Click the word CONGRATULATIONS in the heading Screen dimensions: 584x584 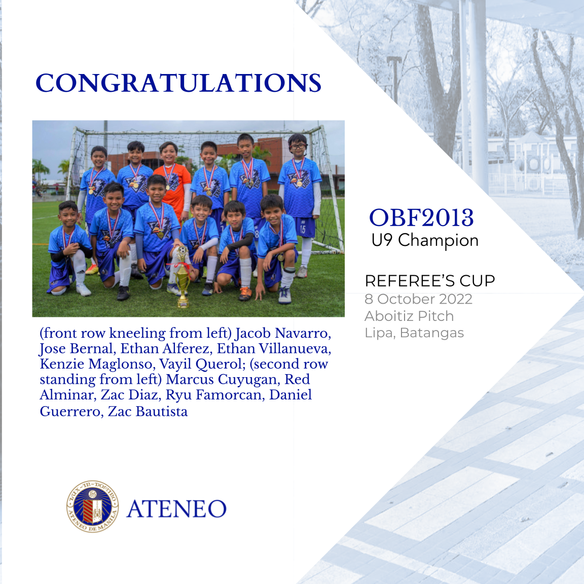click(178, 84)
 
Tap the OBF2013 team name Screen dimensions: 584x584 click(421, 218)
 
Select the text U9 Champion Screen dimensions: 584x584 click(425, 240)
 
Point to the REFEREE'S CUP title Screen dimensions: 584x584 click(430, 281)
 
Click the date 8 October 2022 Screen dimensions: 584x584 click(418, 299)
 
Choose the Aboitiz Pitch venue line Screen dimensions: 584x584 click(409, 316)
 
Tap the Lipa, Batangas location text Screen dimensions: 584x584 click(414, 333)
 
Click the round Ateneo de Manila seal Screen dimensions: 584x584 click(93, 506)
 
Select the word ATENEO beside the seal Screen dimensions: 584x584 click(176, 509)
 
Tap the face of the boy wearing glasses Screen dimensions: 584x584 click(298, 148)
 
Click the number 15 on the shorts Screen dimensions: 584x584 click(303, 229)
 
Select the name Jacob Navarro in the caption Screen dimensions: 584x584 click(283, 334)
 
